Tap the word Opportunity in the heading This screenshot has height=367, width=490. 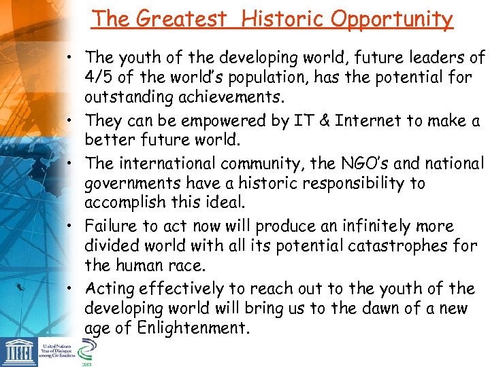pos(392,20)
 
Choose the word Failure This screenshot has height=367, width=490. pos(112,226)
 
